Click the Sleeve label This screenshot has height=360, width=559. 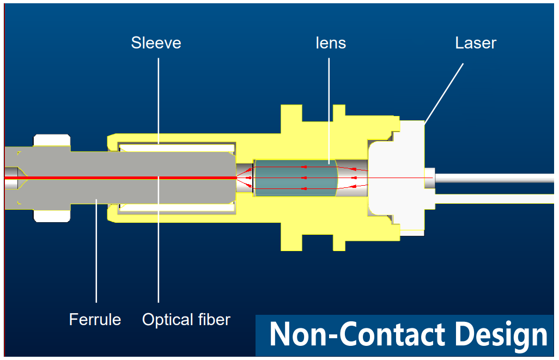click(156, 43)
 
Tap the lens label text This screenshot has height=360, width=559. click(331, 43)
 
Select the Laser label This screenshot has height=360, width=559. click(476, 43)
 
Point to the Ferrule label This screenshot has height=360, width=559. click(95, 319)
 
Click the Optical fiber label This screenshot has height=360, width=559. click(186, 319)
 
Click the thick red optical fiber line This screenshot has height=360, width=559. click(109, 178)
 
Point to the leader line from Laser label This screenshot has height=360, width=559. click(443, 92)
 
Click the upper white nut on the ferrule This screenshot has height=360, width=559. click(52, 140)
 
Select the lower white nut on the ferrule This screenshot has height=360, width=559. click(52, 215)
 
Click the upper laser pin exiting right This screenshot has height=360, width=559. click(496, 178)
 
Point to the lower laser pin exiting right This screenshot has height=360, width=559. click(496, 199)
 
